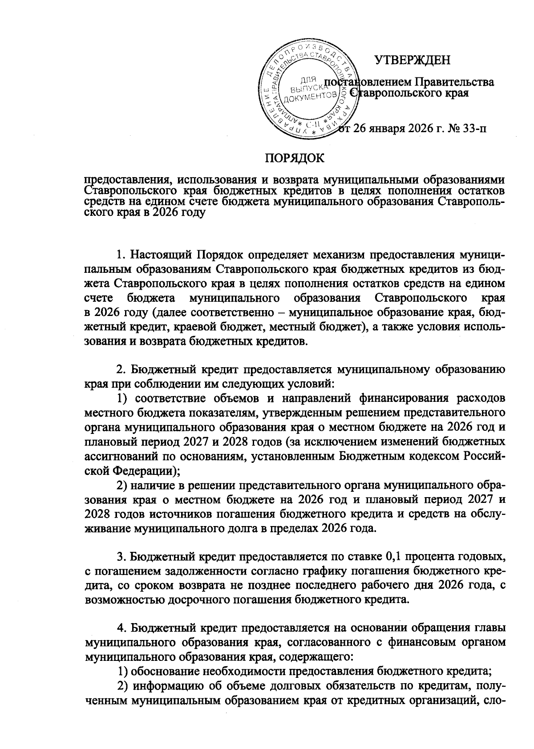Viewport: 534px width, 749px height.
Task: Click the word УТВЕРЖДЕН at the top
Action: [x=412, y=60]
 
